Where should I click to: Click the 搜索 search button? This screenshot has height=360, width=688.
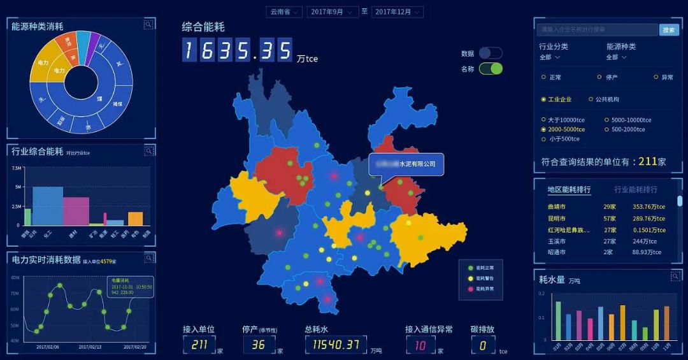click(669, 30)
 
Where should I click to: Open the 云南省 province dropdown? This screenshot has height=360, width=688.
click(283, 12)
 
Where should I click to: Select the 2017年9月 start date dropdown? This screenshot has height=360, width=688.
click(332, 12)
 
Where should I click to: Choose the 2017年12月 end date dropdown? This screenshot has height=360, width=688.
click(398, 12)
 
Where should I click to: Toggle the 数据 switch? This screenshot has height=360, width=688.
click(491, 54)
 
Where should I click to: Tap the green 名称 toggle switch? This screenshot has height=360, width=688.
click(491, 69)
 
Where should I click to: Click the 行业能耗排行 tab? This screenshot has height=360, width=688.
click(636, 190)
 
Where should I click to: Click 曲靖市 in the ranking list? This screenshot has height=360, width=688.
click(556, 207)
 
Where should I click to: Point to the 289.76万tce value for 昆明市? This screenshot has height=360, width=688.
click(649, 219)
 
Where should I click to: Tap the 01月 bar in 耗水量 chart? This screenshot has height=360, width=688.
click(559, 321)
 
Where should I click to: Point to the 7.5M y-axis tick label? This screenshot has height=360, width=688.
click(17, 168)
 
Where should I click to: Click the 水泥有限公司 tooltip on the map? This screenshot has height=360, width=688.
click(406, 164)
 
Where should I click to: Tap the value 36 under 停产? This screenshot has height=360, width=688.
click(258, 345)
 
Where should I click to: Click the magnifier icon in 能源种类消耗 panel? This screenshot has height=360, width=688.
click(148, 25)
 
